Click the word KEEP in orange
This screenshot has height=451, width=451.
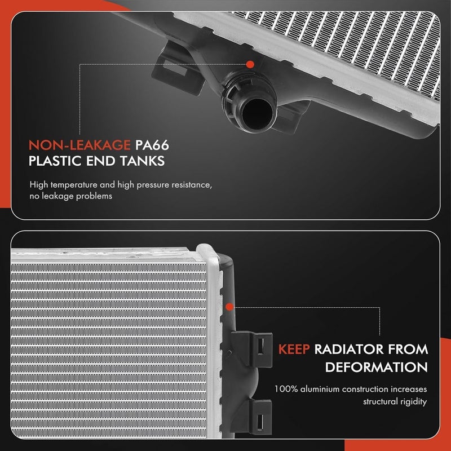(x=294, y=349)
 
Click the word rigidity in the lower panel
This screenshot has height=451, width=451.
(x=412, y=403)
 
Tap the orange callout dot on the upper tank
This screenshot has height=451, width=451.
(x=249, y=65)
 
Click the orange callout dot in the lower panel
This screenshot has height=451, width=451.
(x=229, y=307)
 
